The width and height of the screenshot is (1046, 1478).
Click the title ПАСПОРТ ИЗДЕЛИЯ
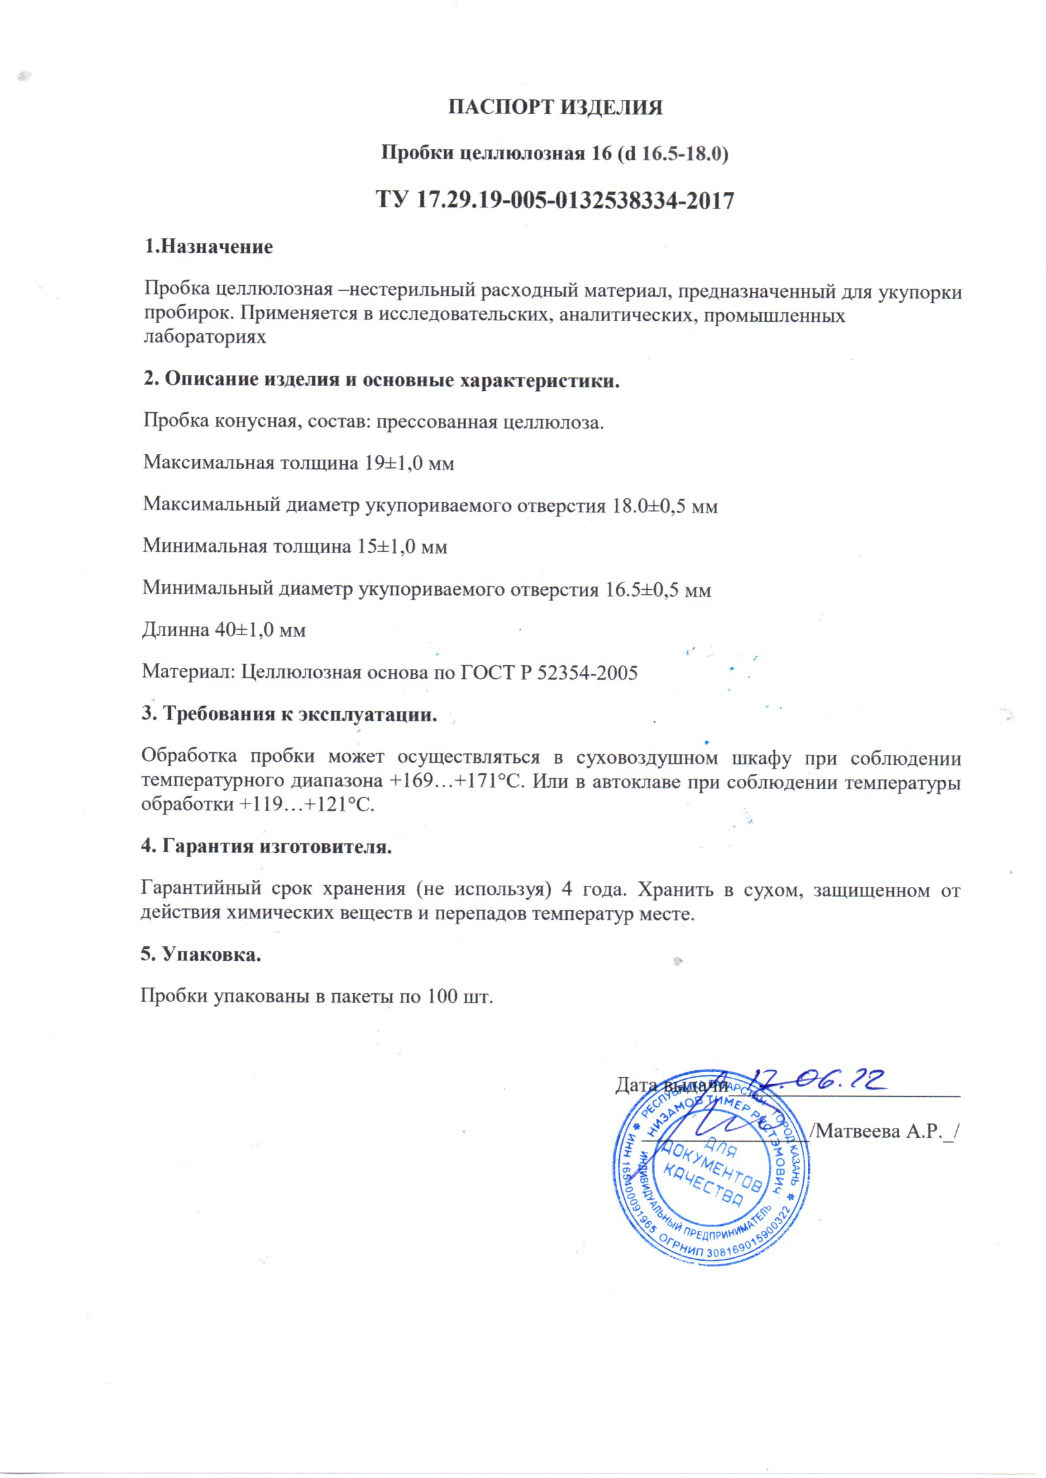tap(555, 107)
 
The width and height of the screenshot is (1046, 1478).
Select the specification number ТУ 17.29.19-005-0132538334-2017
tap(555, 201)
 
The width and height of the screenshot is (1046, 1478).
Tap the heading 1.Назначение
tap(208, 247)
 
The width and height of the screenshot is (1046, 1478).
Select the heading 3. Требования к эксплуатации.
tap(289, 714)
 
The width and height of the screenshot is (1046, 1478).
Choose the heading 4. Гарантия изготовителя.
tap(267, 846)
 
